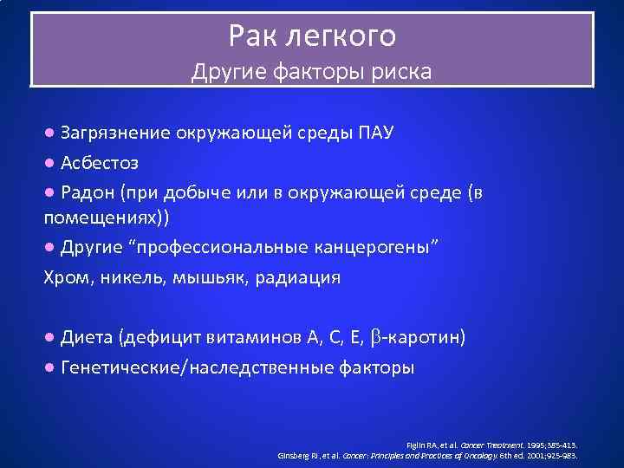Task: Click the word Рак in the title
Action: [251, 36]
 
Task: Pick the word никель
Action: [125, 278]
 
